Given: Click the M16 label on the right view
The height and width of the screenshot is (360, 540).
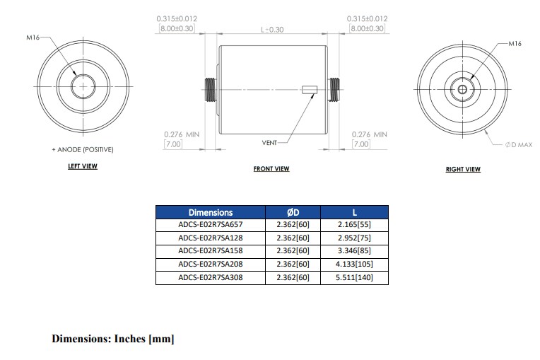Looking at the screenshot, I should [515, 43].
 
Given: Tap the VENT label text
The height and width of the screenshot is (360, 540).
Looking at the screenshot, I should [269, 142].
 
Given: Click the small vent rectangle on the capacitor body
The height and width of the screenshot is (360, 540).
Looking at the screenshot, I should [309, 90].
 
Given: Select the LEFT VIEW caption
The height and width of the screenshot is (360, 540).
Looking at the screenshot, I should [82, 167].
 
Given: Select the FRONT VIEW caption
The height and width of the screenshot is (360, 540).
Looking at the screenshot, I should [271, 169].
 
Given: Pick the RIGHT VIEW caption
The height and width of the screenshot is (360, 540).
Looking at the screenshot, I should [463, 169].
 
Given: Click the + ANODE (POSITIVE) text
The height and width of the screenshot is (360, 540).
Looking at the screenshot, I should [82, 150].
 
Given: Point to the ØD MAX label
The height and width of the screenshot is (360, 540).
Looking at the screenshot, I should [518, 144].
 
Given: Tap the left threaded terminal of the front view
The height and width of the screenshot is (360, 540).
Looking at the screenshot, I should [210, 90].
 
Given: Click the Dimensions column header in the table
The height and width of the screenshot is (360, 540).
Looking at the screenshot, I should [210, 212].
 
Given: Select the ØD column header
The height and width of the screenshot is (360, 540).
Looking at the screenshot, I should [293, 212].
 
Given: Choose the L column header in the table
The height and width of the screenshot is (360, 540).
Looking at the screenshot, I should [354, 212].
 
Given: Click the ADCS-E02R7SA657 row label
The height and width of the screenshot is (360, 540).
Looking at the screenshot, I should [210, 225].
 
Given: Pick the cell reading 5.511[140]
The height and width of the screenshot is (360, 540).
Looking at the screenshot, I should [354, 277].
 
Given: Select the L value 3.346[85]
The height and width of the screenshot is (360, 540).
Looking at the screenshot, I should [354, 251].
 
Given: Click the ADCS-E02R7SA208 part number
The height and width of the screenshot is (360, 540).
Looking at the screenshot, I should [210, 264].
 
